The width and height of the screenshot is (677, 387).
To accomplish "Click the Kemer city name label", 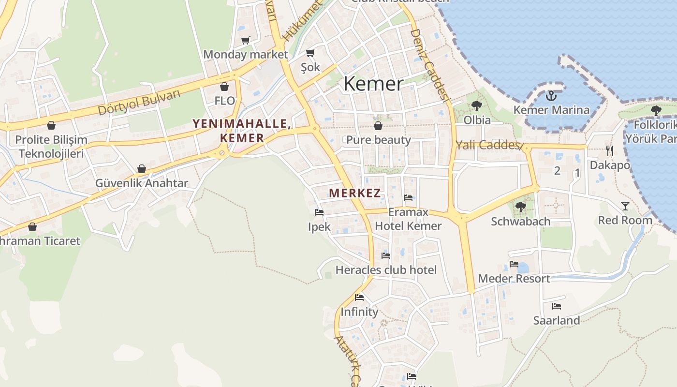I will point(373,84).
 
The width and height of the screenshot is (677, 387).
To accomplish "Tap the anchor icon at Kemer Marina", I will point(551,96).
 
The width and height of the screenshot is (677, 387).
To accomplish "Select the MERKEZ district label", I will point(354,193).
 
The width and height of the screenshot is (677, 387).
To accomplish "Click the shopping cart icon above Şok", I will point(310,53).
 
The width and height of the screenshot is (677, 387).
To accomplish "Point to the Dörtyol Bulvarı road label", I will point(139,102).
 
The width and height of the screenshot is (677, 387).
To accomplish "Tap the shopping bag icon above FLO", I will point(224,87).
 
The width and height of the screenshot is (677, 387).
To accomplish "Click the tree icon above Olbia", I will point(477,105).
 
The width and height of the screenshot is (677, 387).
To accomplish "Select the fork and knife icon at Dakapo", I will point(609,151).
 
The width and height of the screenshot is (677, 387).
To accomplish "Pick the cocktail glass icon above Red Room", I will point(625,206).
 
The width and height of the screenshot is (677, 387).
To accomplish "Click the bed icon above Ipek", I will point(319,212).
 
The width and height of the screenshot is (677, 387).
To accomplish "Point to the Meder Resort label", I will point(514,279).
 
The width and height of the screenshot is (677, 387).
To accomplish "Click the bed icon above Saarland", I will point(557,306).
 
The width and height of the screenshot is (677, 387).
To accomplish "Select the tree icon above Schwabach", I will point(520,207).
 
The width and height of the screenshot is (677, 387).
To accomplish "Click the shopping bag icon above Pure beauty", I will point(378,126).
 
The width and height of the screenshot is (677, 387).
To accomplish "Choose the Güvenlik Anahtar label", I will point(141,183).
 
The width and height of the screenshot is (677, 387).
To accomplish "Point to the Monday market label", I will point(245,55).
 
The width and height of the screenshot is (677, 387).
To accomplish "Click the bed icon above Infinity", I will point(359,298).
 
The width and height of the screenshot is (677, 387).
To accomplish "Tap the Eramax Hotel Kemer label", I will point(408,219).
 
